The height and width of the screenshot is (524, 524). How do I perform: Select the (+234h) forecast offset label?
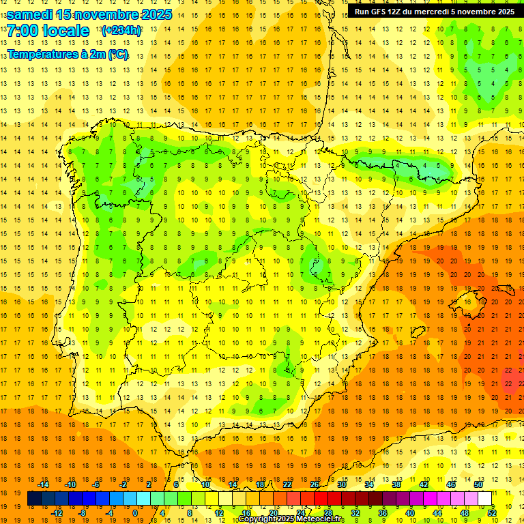(x=121, y=31)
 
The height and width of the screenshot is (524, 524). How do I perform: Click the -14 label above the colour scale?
(x=44, y=484)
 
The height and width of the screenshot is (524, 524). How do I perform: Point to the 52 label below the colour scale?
(x=493, y=513)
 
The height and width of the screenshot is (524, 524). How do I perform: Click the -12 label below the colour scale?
(x=57, y=513)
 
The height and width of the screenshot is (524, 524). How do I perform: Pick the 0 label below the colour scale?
(x=135, y=513)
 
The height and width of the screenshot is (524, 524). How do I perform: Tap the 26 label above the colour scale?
(x=315, y=484)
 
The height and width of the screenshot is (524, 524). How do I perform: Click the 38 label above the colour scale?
(x=396, y=484)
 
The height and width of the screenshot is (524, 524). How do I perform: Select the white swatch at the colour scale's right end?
(x=484, y=499)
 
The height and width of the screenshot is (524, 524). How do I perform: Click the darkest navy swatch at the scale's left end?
(x=34, y=499)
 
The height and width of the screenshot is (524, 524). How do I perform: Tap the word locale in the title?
(x=65, y=31)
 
